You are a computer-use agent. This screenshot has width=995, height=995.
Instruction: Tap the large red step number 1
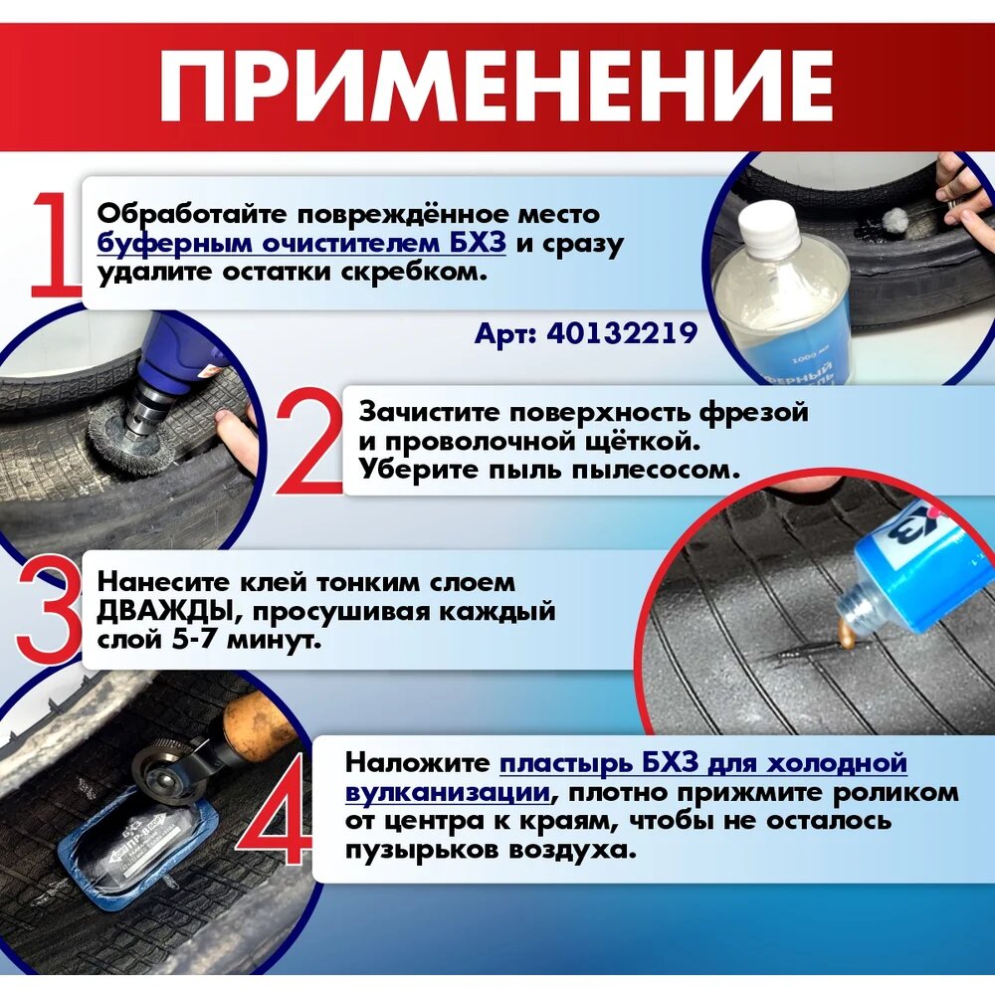[x=56, y=247]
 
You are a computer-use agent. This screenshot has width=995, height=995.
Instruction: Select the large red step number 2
[x=309, y=444]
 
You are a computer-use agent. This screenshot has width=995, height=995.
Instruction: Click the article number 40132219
[x=622, y=332]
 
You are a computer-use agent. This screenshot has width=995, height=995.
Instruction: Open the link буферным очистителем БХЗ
[x=301, y=244]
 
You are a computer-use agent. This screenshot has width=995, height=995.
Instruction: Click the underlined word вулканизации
[x=448, y=793]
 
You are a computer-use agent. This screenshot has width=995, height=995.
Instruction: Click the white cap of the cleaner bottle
[x=768, y=226]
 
